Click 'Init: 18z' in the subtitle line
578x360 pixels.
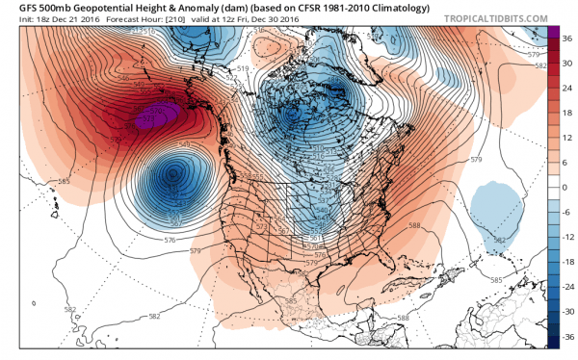point(28,19)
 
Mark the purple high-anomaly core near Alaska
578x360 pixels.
point(151,117)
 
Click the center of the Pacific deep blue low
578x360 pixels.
point(173,175)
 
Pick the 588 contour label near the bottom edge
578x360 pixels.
point(402,318)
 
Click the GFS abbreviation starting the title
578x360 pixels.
point(16,7)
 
